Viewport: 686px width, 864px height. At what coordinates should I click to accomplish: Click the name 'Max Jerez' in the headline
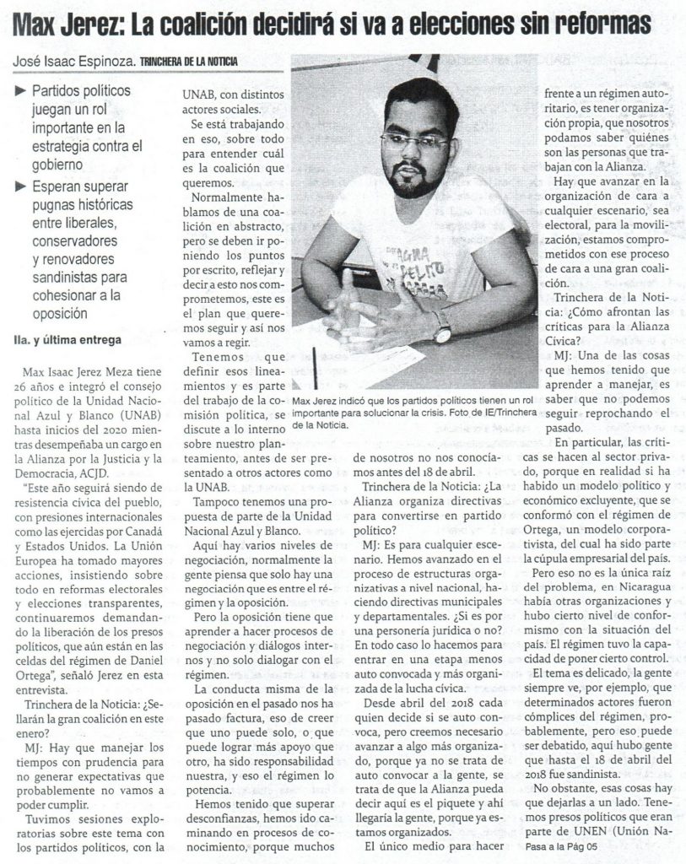tap(66, 23)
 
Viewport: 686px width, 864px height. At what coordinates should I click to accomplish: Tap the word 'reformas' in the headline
tap(604, 23)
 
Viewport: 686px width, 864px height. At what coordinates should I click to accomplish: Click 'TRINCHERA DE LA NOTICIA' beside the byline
tap(188, 62)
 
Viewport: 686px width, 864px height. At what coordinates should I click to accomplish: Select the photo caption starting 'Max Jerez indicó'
tap(414, 412)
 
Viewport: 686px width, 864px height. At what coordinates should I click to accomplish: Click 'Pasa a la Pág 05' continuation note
tap(560, 850)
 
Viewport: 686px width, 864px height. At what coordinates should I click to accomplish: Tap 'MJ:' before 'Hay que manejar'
tap(35, 748)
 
